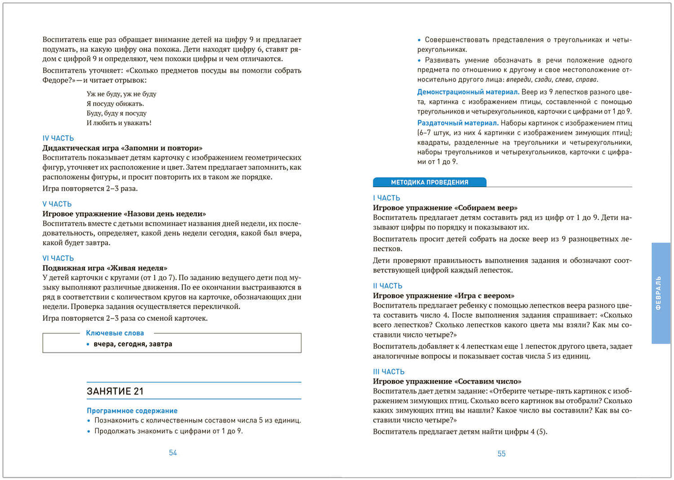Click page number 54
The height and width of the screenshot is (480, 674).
point(173,452)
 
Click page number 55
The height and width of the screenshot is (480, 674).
point(501,453)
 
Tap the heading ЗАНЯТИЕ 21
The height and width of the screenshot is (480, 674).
point(115,391)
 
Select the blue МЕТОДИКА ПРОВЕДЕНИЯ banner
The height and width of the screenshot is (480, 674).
point(430,182)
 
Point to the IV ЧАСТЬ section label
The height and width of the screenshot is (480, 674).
point(58,138)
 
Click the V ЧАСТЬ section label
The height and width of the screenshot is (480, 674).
point(57,204)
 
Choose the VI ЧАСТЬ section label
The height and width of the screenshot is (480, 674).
point(58,258)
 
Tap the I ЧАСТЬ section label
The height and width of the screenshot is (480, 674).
point(387,198)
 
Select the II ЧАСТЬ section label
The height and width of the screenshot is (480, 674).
point(388,286)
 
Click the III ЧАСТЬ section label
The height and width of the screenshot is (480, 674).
point(389,372)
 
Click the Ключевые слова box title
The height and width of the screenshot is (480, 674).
point(115,333)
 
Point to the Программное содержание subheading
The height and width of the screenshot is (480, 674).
point(132,410)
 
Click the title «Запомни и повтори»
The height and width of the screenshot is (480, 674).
point(163,148)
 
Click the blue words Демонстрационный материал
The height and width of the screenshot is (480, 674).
point(468,92)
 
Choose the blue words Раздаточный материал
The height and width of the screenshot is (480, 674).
point(458,123)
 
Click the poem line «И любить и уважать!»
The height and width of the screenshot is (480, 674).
point(119,123)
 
